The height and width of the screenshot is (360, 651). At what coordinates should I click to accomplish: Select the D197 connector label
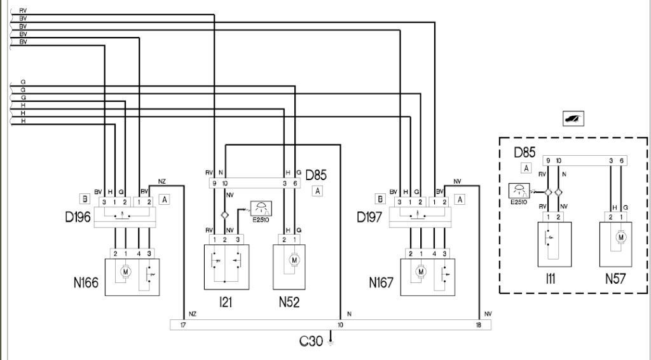(x=371, y=218)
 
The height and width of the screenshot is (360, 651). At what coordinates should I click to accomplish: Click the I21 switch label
(x=225, y=302)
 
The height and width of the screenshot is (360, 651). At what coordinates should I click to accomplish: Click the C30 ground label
(x=312, y=342)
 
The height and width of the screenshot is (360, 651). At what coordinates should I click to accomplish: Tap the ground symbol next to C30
(x=331, y=342)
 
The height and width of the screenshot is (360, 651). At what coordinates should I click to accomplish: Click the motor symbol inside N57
(x=620, y=237)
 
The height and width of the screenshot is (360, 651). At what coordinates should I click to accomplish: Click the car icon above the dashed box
(x=573, y=118)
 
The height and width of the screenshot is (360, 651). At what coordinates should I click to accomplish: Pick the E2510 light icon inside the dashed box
(x=519, y=190)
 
